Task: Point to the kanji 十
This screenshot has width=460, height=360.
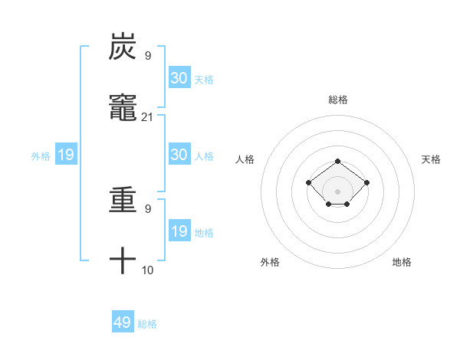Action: tap(123, 261)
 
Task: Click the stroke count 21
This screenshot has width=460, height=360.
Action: tap(148, 116)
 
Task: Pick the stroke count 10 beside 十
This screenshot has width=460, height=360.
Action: tap(148, 270)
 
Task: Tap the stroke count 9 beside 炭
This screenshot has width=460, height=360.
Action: tap(148, 56)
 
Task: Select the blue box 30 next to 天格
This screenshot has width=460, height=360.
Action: tap(179, 78)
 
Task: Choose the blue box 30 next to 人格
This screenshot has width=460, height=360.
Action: tap(179, 155)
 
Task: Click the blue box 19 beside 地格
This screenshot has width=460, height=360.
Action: tap(179, 231)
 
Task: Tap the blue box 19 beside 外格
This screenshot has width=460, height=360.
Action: tap(66, 155)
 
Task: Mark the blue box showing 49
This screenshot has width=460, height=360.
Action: tap(123, 322)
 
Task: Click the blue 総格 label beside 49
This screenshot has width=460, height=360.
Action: tap(147, 324)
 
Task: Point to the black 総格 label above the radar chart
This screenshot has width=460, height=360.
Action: tap(338, 100)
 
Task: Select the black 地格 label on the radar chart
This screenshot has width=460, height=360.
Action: tap(402, 262)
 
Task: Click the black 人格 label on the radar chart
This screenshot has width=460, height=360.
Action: tap(245, 159)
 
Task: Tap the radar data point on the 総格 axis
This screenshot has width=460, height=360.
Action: tap(338, 161)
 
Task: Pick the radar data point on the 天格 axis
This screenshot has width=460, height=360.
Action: tap(367, 182)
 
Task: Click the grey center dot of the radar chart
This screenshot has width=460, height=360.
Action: tap(338, 191)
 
